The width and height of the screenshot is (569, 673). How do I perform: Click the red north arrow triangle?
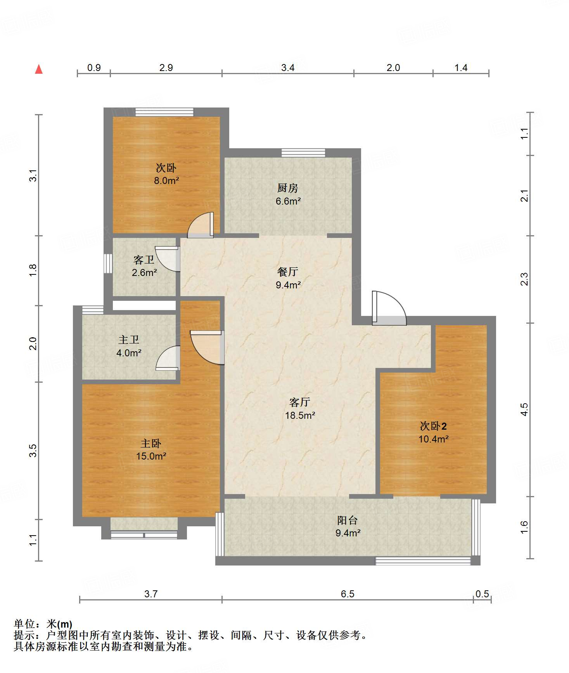(x=39, y=69)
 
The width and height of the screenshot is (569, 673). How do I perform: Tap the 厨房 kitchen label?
(x=288, y=188)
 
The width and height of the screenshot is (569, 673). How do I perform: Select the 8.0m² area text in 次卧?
(x=166, y=180)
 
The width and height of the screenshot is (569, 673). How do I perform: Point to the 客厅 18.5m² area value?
(x=300, y=415)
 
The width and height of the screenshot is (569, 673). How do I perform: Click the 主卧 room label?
(x=151, y=443)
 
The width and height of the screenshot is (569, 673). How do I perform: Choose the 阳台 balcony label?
(x=348, y=520)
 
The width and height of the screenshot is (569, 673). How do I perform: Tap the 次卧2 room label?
(x=433, y=426)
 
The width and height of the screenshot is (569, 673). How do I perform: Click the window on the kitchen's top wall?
(x=303, y=153)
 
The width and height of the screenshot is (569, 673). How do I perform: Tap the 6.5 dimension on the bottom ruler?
(x=348, y=594)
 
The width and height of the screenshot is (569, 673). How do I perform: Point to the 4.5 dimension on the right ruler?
(x=524, y=409)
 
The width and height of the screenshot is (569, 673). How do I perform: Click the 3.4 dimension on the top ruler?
(x=288, y=68)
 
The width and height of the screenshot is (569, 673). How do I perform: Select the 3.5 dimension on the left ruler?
(x=33, y=450)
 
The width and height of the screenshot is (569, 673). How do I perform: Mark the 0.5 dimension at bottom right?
(x=482, y=594)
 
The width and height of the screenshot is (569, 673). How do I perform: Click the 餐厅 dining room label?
(x=288, y=272)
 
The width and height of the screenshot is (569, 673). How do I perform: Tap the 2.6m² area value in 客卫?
(x=144, y=272)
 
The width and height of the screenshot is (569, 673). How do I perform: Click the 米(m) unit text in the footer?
(x=59, y=624)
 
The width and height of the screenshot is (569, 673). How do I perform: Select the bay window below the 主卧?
(x=144, y=535)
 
